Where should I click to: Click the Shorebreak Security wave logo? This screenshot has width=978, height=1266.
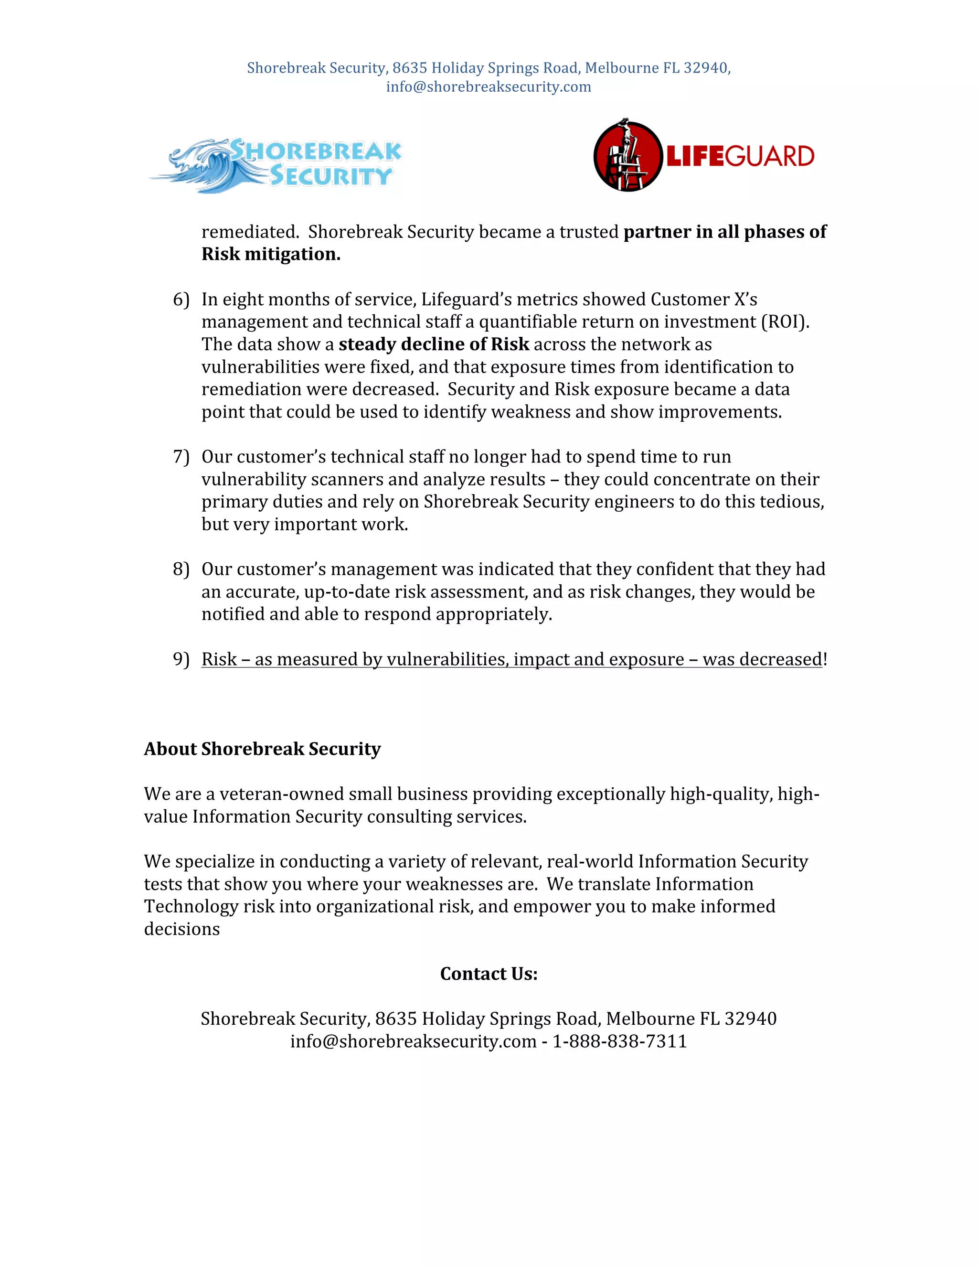tap(275, 165)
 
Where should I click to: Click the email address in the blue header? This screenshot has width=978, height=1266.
tap(489, 87)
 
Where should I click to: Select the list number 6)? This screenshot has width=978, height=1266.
tap(181, 300)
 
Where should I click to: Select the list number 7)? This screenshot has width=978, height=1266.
tap(181, 457)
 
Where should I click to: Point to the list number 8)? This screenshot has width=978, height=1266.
tap(181, 569)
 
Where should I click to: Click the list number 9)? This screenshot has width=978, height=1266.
tap(181, 659)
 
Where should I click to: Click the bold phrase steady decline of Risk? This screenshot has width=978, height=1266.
tap(434, 344)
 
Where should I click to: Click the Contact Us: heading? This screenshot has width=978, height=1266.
tap(489, 974)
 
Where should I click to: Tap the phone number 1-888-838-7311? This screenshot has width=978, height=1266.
tap(619, 1041)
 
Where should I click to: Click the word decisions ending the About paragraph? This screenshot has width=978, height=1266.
tap(182, 929)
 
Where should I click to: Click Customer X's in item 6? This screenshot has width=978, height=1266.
tap(703, 300)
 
